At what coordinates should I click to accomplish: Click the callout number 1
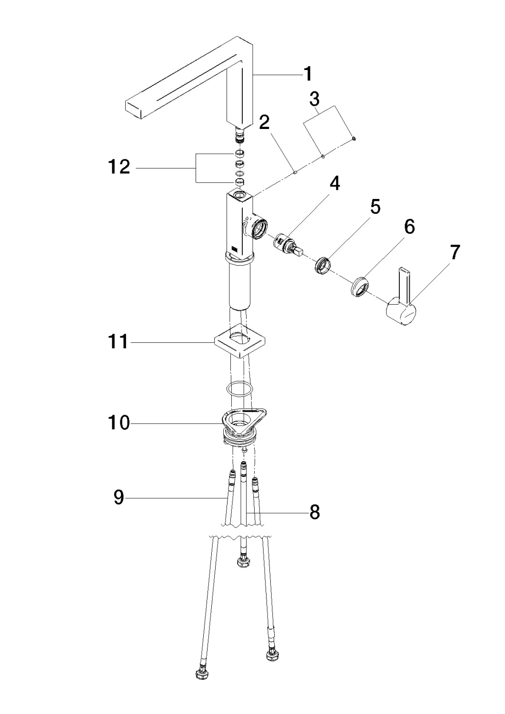click(x=308, y=74)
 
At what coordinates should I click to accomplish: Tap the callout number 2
click(x=264, y=122)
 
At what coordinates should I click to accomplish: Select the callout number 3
click(x=314, y=99)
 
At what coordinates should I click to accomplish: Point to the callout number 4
click(x=335, y=183)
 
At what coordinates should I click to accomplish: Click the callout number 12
click(x=118, y=167)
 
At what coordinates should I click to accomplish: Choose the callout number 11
click(x=117, y=342)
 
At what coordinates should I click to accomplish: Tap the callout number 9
click(x=119, y=498)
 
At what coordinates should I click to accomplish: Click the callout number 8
click(x=314, y=513)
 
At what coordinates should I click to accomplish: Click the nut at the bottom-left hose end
click(x=200, y=675)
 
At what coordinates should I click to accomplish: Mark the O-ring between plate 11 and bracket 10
click(x=238, y=389)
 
